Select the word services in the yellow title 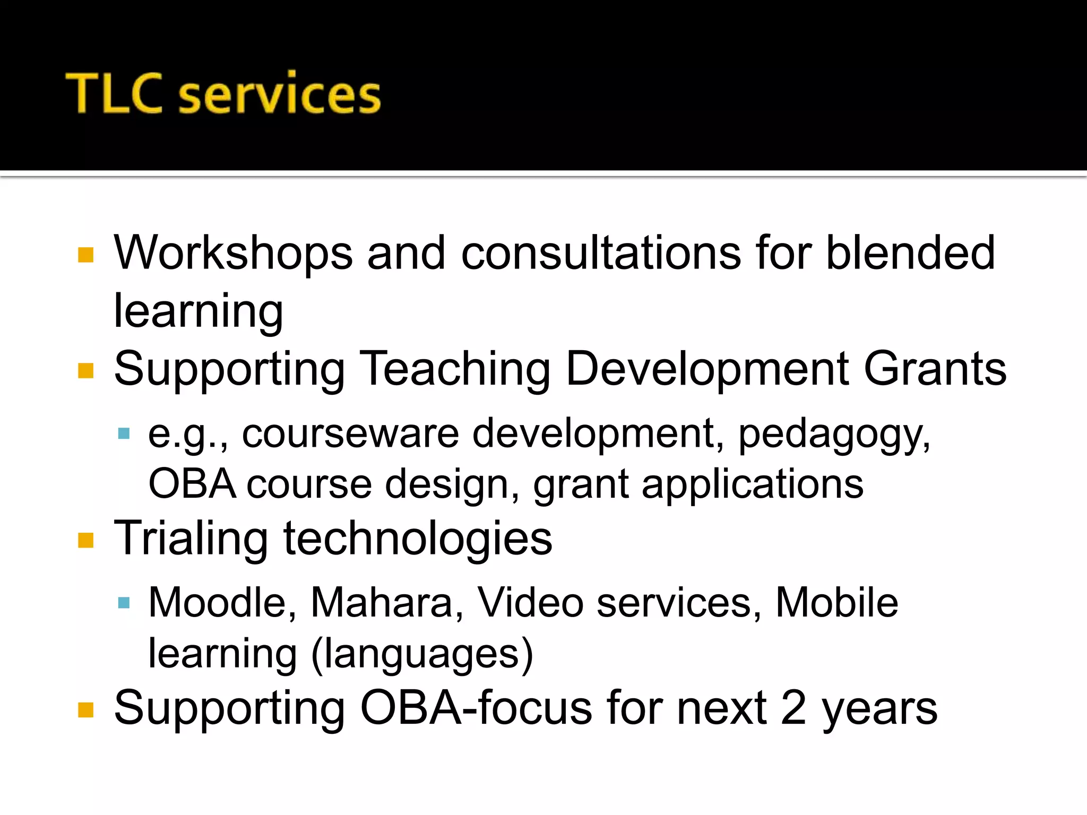279,96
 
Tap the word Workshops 233,253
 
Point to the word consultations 601,253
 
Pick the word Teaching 455,369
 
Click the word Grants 935,369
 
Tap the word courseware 350,434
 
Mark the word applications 752,485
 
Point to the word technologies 418,539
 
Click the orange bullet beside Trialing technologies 85,540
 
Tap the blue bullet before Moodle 124,603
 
